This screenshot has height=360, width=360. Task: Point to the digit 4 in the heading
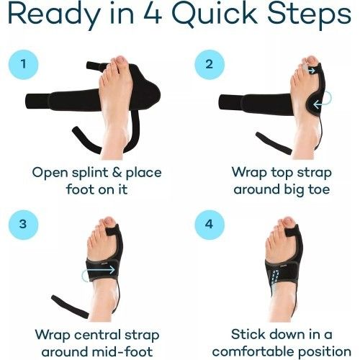coord(137,16)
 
